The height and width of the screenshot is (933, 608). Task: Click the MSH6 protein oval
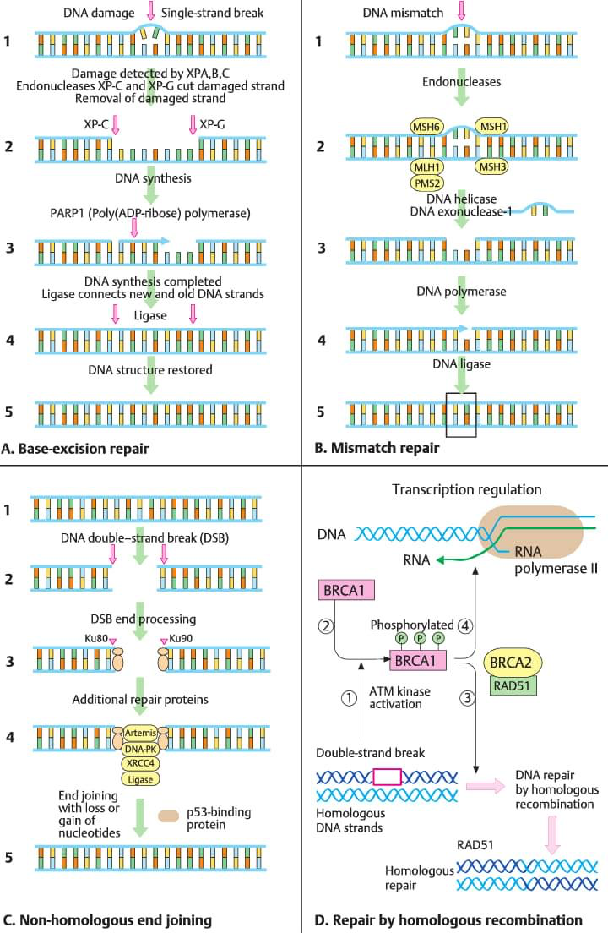(427, 126)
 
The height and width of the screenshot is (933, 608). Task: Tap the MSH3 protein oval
(492, 166)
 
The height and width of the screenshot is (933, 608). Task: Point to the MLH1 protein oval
(427, 166)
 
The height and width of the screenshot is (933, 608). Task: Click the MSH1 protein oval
(492, 126)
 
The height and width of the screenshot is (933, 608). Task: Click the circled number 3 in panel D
(466, 698)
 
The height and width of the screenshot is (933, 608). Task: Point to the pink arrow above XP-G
(193, 124)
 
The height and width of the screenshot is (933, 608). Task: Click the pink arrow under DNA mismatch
(460, 12)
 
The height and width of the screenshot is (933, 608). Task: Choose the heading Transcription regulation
(466, 489)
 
